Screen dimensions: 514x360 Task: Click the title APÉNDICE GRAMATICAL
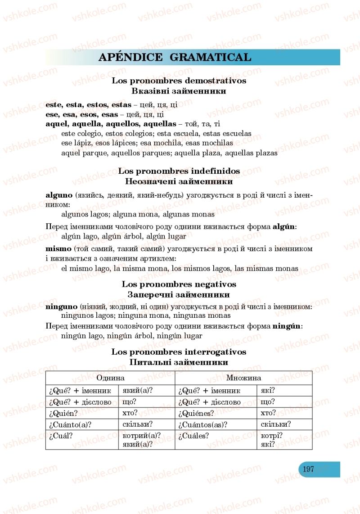click(175, 57)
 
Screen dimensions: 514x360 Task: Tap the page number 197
click(308, 469)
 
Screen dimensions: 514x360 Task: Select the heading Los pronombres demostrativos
click(179, 81)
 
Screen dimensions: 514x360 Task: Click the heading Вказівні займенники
click(179, 91)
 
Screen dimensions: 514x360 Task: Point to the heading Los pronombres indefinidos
click(179, 171)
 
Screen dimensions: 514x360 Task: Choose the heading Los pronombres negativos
click(179, 284)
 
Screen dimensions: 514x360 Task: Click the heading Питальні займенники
click(179, 362)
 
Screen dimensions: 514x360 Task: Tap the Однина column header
click(110, 378)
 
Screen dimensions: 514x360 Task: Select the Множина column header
click(243, 378)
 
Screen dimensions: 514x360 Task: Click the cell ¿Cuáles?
click(194, 436)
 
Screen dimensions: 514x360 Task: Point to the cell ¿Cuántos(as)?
click(203, 424)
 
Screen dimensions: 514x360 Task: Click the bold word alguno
click(59, 195)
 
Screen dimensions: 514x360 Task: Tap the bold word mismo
click(58, 248)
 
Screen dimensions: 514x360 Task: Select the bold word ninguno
click(62, 306)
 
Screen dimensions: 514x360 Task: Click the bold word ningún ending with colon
click(287, 325)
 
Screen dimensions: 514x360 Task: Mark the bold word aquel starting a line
click(56, 123)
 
